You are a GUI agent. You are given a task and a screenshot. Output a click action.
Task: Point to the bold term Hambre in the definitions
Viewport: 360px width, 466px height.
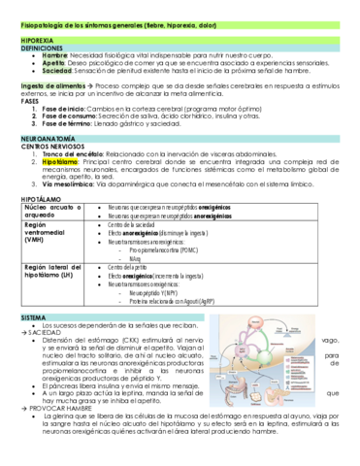55,57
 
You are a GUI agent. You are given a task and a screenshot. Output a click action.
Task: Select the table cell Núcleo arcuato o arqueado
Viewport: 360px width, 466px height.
54,212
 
